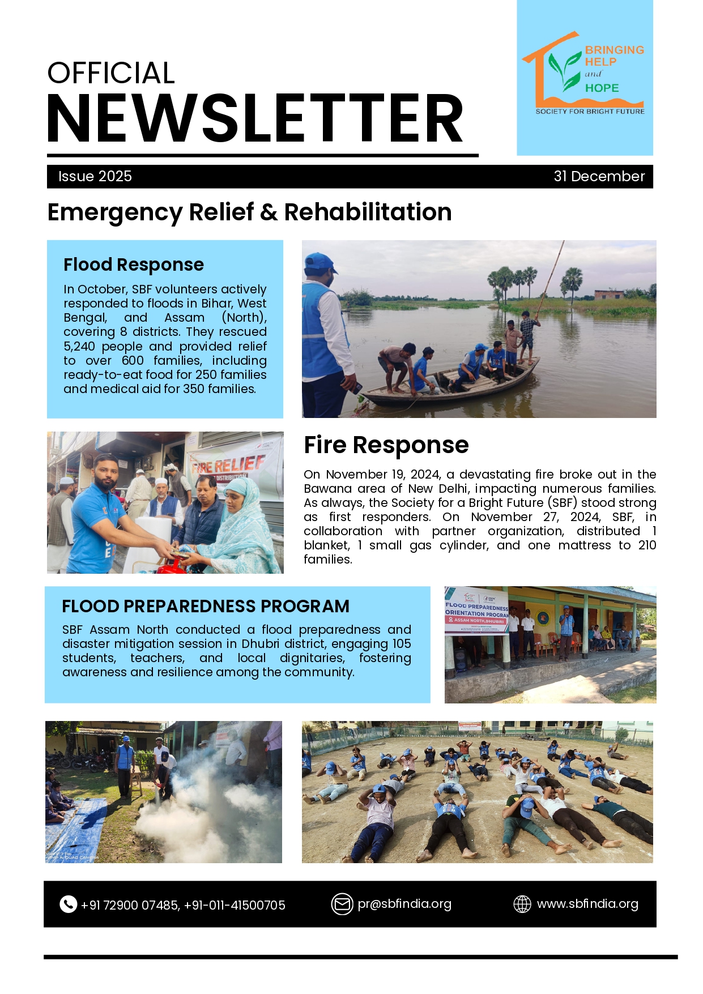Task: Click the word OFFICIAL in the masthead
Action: click(x=111, y=73)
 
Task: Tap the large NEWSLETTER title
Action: click(x=255, y=119)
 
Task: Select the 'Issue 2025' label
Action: click(x=95, y=176)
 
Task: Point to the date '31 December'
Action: click(x=599, y=176)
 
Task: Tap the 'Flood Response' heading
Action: click(x=134, y=265)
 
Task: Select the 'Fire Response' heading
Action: click(x=386, y=445)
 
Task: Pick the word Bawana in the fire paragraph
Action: click(x=325, y=488)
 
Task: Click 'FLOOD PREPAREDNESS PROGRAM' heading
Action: click(x=206, y=606)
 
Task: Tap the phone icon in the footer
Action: click(x=68, y=905)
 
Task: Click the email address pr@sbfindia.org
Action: click(x=404, y=904)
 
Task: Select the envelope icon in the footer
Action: click(x=342, y=904)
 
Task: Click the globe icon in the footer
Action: click(x=522, y=904)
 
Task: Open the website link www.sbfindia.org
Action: click(x=587, y=904)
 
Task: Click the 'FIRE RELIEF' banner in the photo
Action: click(x=229, y=464)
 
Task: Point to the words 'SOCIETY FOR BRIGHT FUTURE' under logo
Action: click(x=590, y=112)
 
